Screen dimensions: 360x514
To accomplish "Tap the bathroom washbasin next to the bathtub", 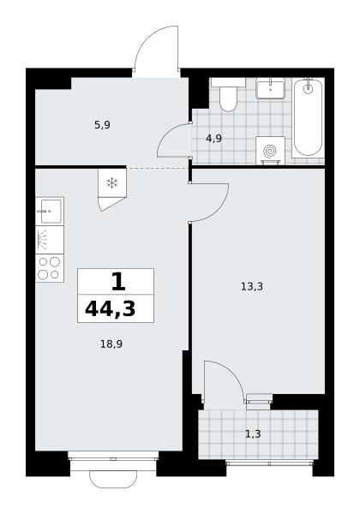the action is click(x=270, y=89).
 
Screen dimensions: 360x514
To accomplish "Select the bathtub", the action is click(x=308, y=117).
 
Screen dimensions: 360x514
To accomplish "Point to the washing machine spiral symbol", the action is click(x=270, y=151).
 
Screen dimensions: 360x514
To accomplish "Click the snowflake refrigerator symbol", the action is click(x=112, y=183).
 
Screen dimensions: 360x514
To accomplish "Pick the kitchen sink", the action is click(x=50, y=211).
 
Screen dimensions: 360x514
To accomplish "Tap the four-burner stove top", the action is click(x=50, y=268).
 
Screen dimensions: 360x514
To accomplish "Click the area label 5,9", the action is click(x=102, y=125).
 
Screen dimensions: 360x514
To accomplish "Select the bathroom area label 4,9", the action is click(x=213, y=139).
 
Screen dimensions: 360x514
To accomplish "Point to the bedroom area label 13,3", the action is click(x=252, y=287).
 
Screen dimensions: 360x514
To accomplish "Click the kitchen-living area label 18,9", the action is click(x=111, y=344).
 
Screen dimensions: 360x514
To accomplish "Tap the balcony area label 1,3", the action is click(x=253, y=434).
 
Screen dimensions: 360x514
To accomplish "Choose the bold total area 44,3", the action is click(x=111, y=308).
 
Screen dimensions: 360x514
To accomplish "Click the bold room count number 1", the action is click(x=118, y=282).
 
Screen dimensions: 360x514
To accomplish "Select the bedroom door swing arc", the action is click(x=218, y=211).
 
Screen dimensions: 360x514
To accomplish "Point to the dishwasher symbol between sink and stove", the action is click(x=50, y=240).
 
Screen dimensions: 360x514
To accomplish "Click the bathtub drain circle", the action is click(x=308, y=88).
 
